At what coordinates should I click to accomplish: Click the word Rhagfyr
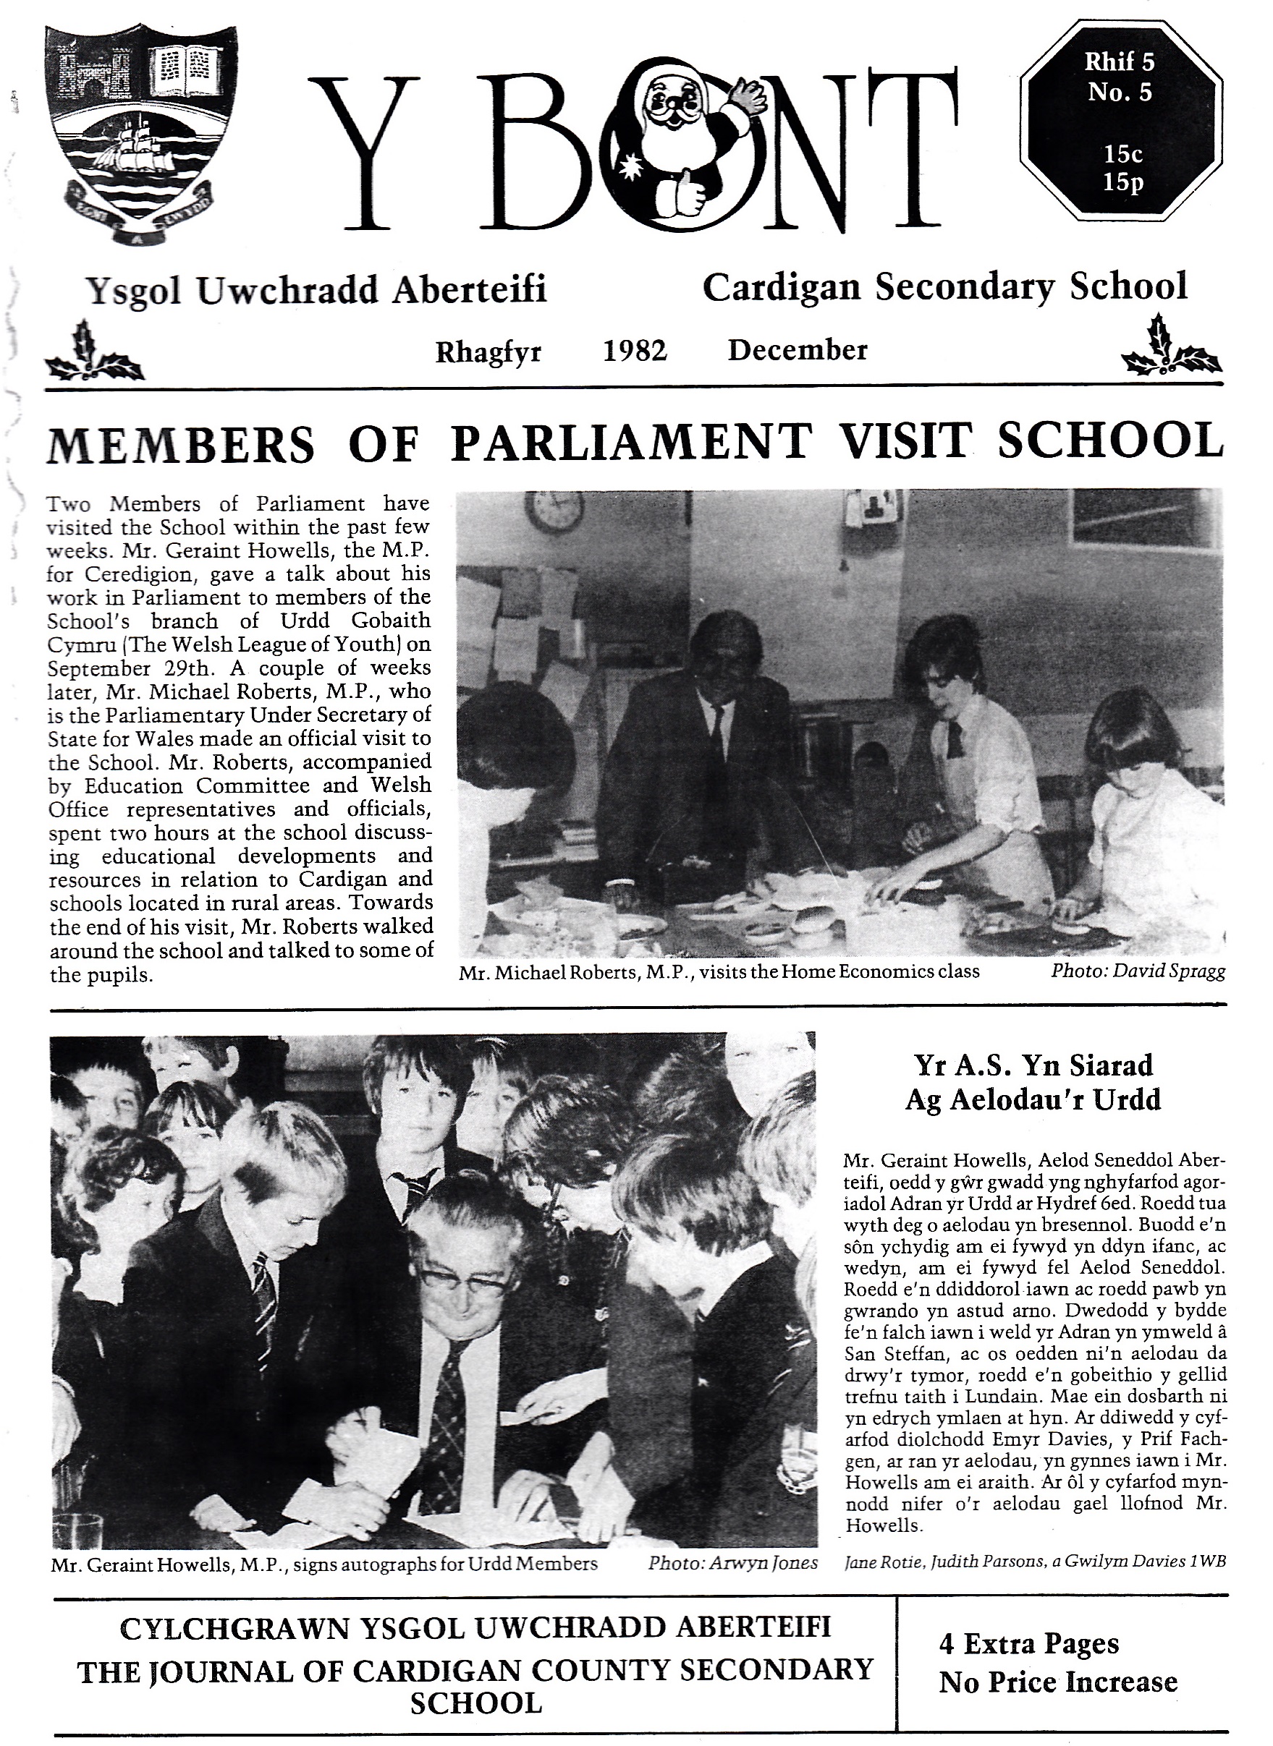[489, 352]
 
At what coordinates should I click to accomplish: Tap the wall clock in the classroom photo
[554, 510]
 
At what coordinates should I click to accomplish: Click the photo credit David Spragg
[1138, 971]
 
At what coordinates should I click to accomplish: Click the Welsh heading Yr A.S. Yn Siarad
[1034, 1065]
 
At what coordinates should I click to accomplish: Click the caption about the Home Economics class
[719, 972]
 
